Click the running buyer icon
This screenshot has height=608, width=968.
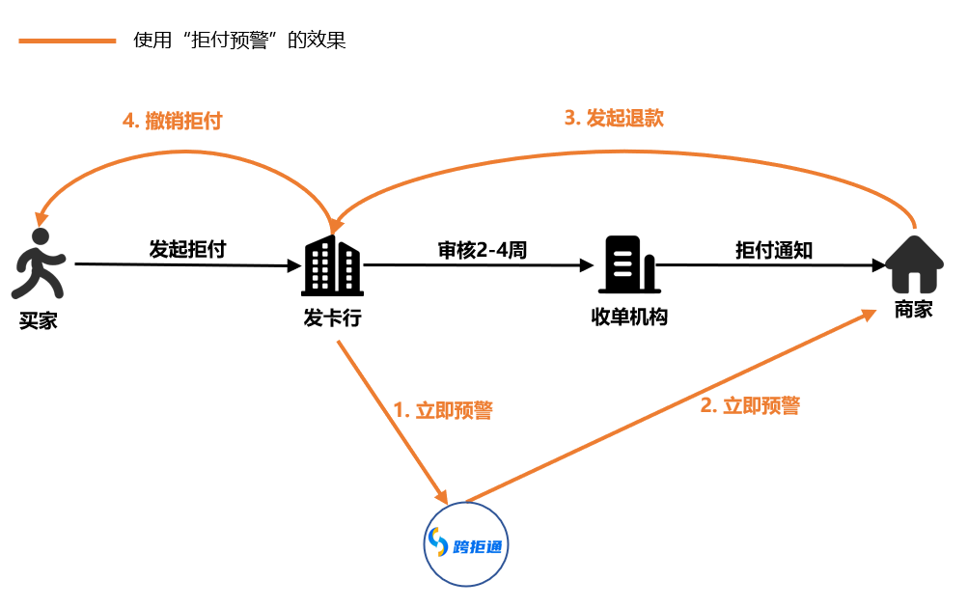[x=39, y=263]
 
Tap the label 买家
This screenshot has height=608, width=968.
[x=39, y=320]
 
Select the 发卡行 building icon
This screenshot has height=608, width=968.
[x=332, y=265]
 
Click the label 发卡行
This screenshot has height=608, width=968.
[x=332, y=318]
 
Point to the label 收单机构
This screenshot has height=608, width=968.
[x=629, y=317]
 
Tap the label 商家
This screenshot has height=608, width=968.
[x=914, y=311]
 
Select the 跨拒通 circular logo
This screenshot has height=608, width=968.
[x=468, y=544]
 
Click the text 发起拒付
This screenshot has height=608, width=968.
[x=187, y=248]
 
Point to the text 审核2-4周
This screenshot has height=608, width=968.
[x=483, y=250]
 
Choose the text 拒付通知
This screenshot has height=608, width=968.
[x=774, y=250]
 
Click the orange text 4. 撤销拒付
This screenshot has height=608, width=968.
[x=173, y=121]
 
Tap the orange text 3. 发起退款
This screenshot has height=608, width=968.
[x=614, y=118]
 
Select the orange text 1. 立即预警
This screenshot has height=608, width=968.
[x=443, y=410]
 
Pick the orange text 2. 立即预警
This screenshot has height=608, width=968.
[x=750, y=406]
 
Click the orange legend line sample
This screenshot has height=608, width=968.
[x=68, y=41]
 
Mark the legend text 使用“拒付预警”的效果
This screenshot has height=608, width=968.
[x=239, y=41]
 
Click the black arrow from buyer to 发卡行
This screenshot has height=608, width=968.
[x=183, y=264]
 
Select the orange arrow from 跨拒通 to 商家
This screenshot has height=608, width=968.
[x=666, y=405]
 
